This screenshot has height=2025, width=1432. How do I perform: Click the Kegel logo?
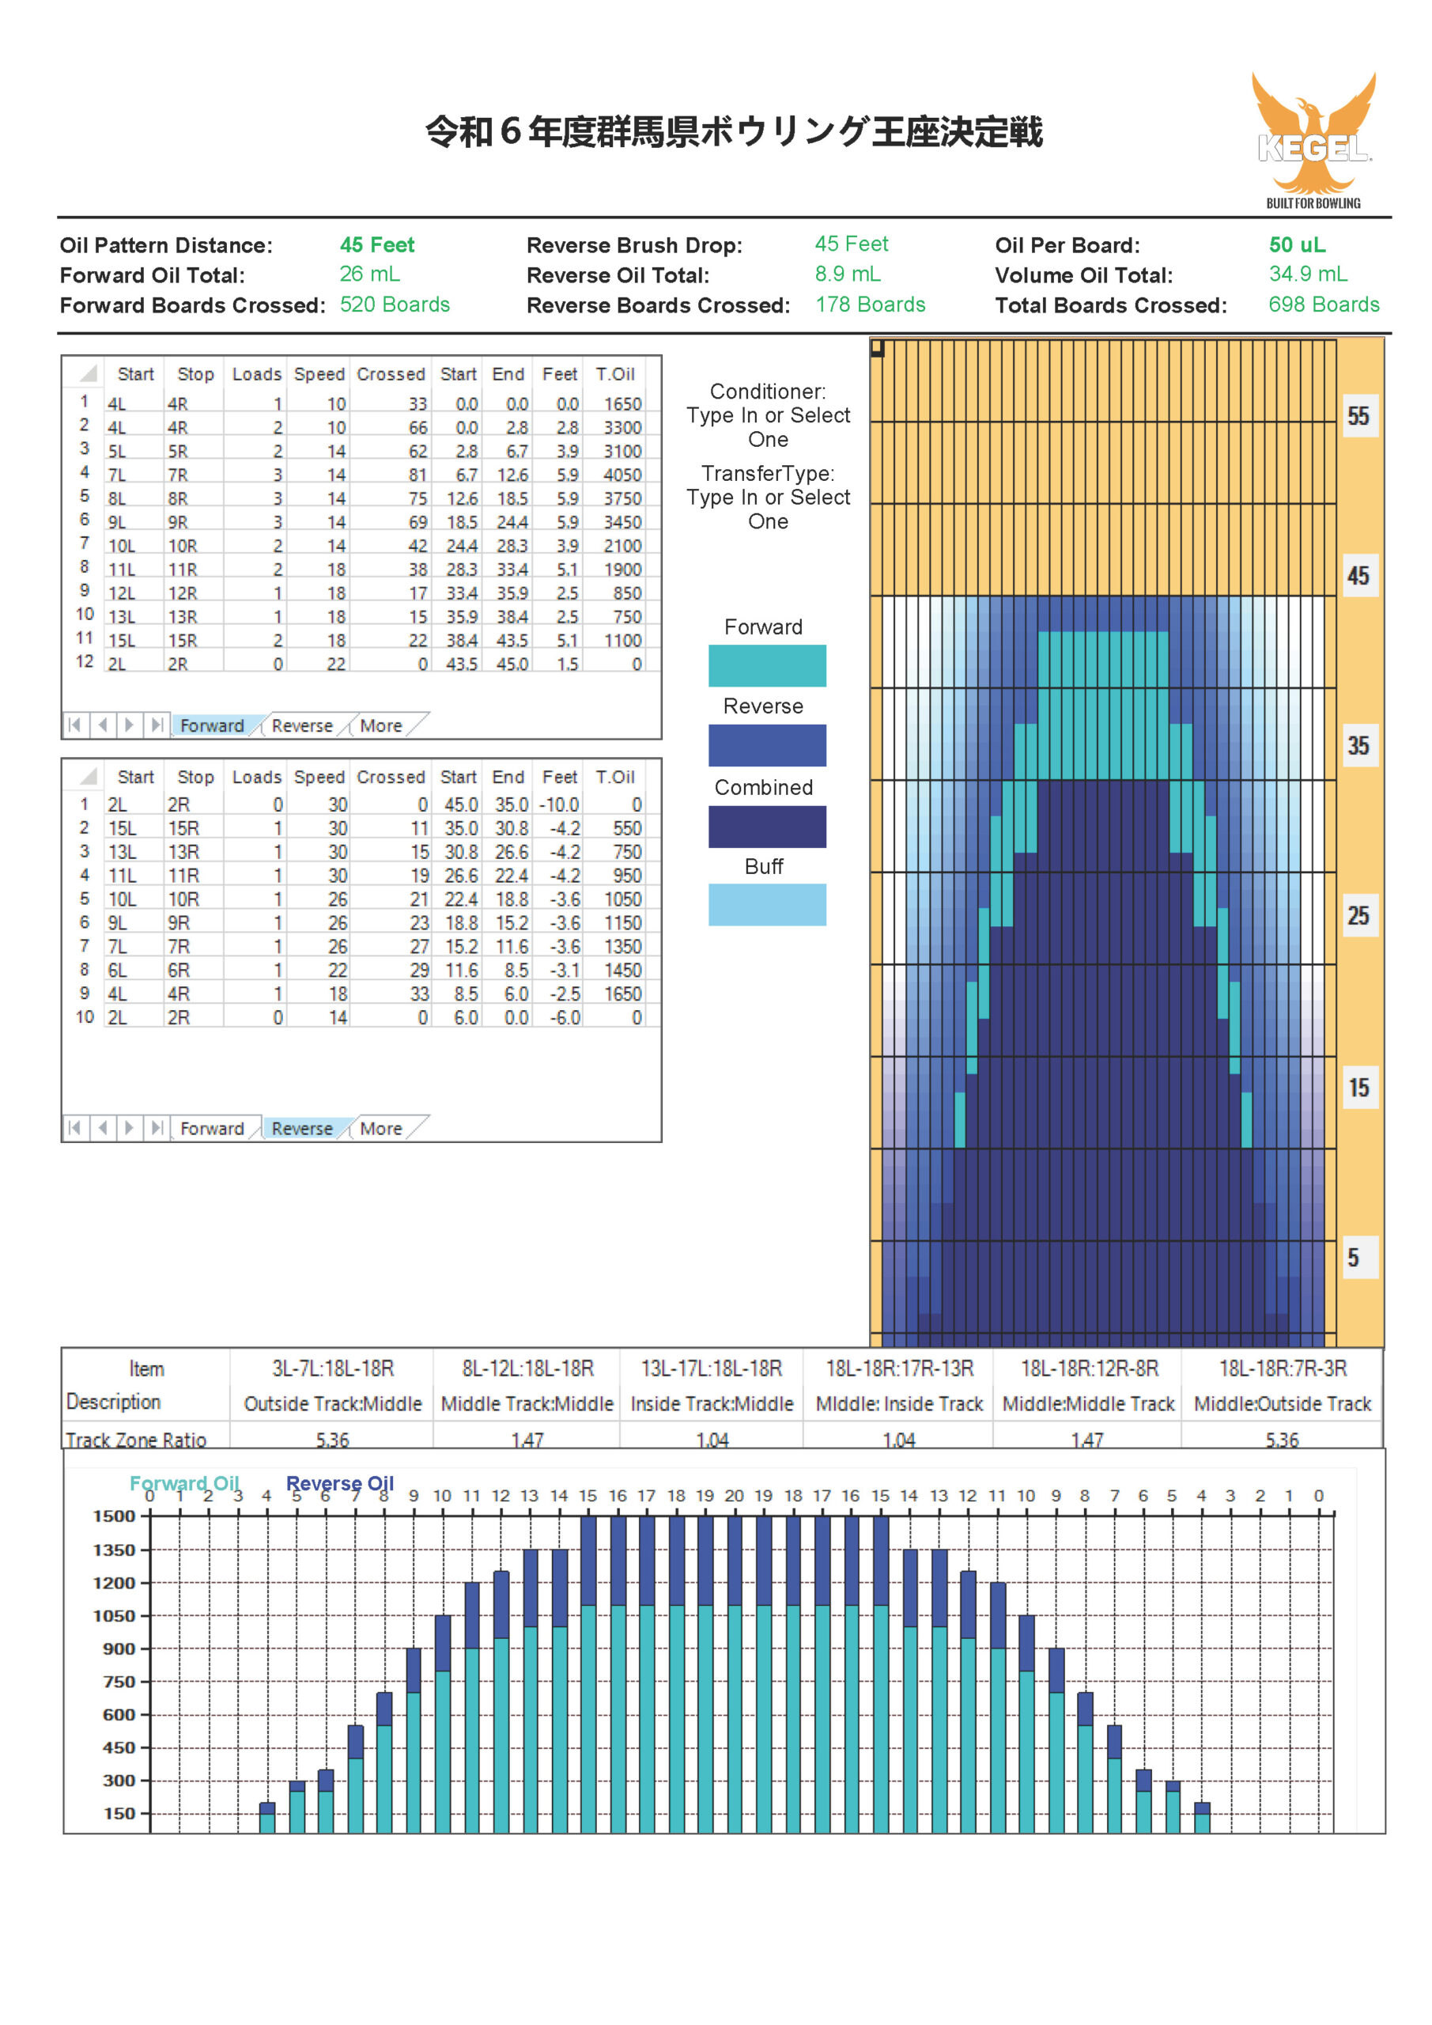1313,140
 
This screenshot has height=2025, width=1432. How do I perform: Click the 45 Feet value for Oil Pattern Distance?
376,245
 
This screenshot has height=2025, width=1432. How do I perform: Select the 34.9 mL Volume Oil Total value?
1308,274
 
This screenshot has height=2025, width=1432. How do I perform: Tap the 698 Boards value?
1324,305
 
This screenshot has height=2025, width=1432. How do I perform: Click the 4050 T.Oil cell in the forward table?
622,475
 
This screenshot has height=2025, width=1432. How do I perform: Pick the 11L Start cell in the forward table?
122,570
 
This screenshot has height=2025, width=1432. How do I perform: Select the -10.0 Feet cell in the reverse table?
559,805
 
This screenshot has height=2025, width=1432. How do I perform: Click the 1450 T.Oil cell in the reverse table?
622,970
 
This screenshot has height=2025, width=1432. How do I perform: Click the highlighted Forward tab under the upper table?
212,726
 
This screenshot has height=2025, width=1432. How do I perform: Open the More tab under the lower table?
381,1129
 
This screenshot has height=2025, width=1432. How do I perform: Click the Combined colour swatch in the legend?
767,827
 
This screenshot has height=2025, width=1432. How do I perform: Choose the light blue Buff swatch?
767,905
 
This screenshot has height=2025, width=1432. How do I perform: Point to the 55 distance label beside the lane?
1358,416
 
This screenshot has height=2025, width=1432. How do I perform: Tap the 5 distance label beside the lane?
1353,1258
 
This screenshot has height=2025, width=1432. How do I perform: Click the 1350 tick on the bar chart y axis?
115,1550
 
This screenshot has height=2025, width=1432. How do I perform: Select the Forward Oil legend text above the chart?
184,1483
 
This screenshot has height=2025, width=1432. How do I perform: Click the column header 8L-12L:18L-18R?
527,1368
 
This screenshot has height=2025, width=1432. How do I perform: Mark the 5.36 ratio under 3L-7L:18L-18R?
332,1440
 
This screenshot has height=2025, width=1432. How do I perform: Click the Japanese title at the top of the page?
734,132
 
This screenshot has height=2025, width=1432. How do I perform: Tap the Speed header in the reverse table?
319,777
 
